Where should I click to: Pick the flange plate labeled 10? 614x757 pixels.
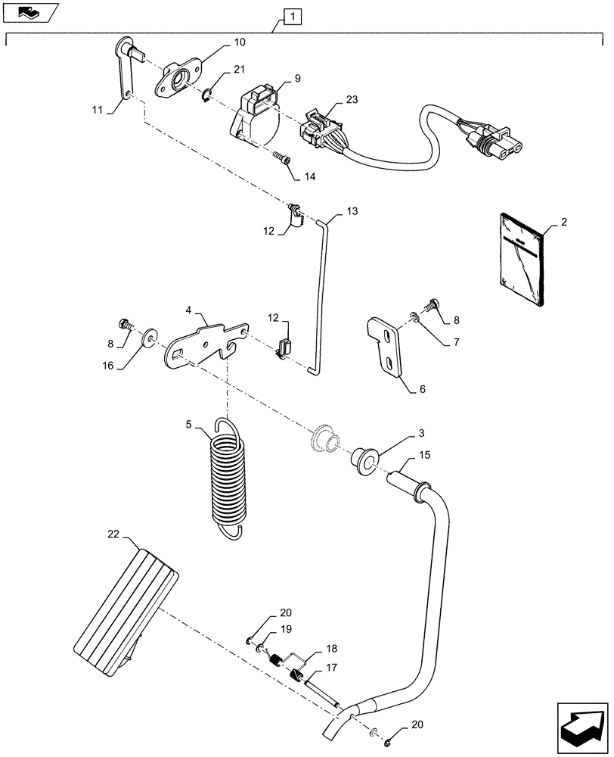pos(178,79)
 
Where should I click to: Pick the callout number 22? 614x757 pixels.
pos(113,535)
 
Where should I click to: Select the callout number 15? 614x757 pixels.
pos(424,456)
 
